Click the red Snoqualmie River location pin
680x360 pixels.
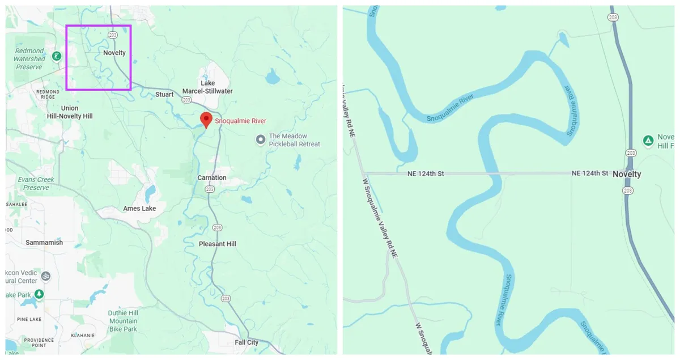207,120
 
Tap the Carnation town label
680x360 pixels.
212,178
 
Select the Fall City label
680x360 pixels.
246,342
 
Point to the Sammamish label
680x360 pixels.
44,243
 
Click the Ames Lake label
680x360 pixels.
139,209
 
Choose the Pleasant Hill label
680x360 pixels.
218,244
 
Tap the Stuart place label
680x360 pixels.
164,95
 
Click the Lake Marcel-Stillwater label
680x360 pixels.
207,87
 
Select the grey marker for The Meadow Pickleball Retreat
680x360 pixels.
261,139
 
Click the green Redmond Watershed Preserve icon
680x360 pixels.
56,56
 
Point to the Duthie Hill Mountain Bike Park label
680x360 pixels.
123,321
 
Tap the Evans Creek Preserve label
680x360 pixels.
36,183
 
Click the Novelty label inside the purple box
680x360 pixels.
114,53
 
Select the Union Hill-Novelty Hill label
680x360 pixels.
70,112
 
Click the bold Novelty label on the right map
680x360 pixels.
627,174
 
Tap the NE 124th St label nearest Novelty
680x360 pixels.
589,173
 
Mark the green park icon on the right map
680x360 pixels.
648,140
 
